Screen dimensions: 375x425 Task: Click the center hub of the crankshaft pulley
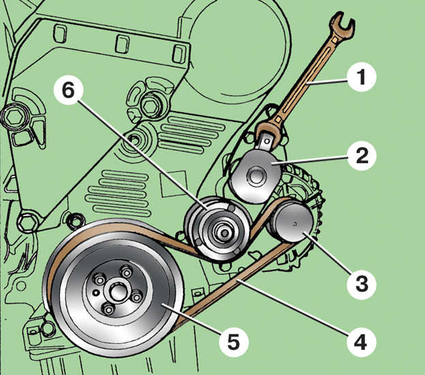[x=116, y=295]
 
